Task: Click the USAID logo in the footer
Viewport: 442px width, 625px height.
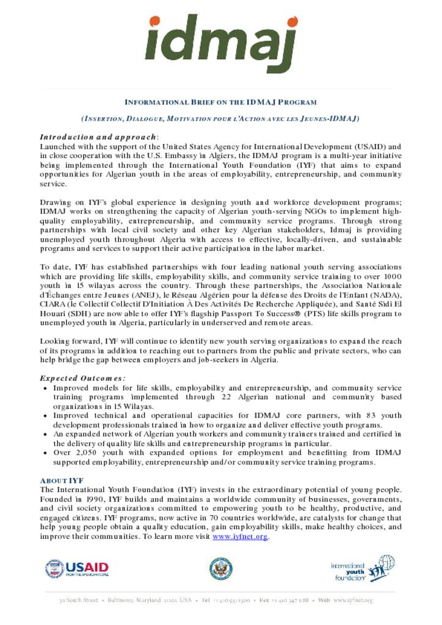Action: pos(77,569)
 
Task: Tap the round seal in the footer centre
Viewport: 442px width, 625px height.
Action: pos(220,569)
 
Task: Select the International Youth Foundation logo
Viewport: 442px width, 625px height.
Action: pos(362,569)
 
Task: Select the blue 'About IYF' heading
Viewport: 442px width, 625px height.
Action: pos(62,480)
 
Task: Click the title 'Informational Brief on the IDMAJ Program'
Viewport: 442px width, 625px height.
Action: pos(220,102)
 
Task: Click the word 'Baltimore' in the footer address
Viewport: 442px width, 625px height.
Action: pos(125,601)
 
